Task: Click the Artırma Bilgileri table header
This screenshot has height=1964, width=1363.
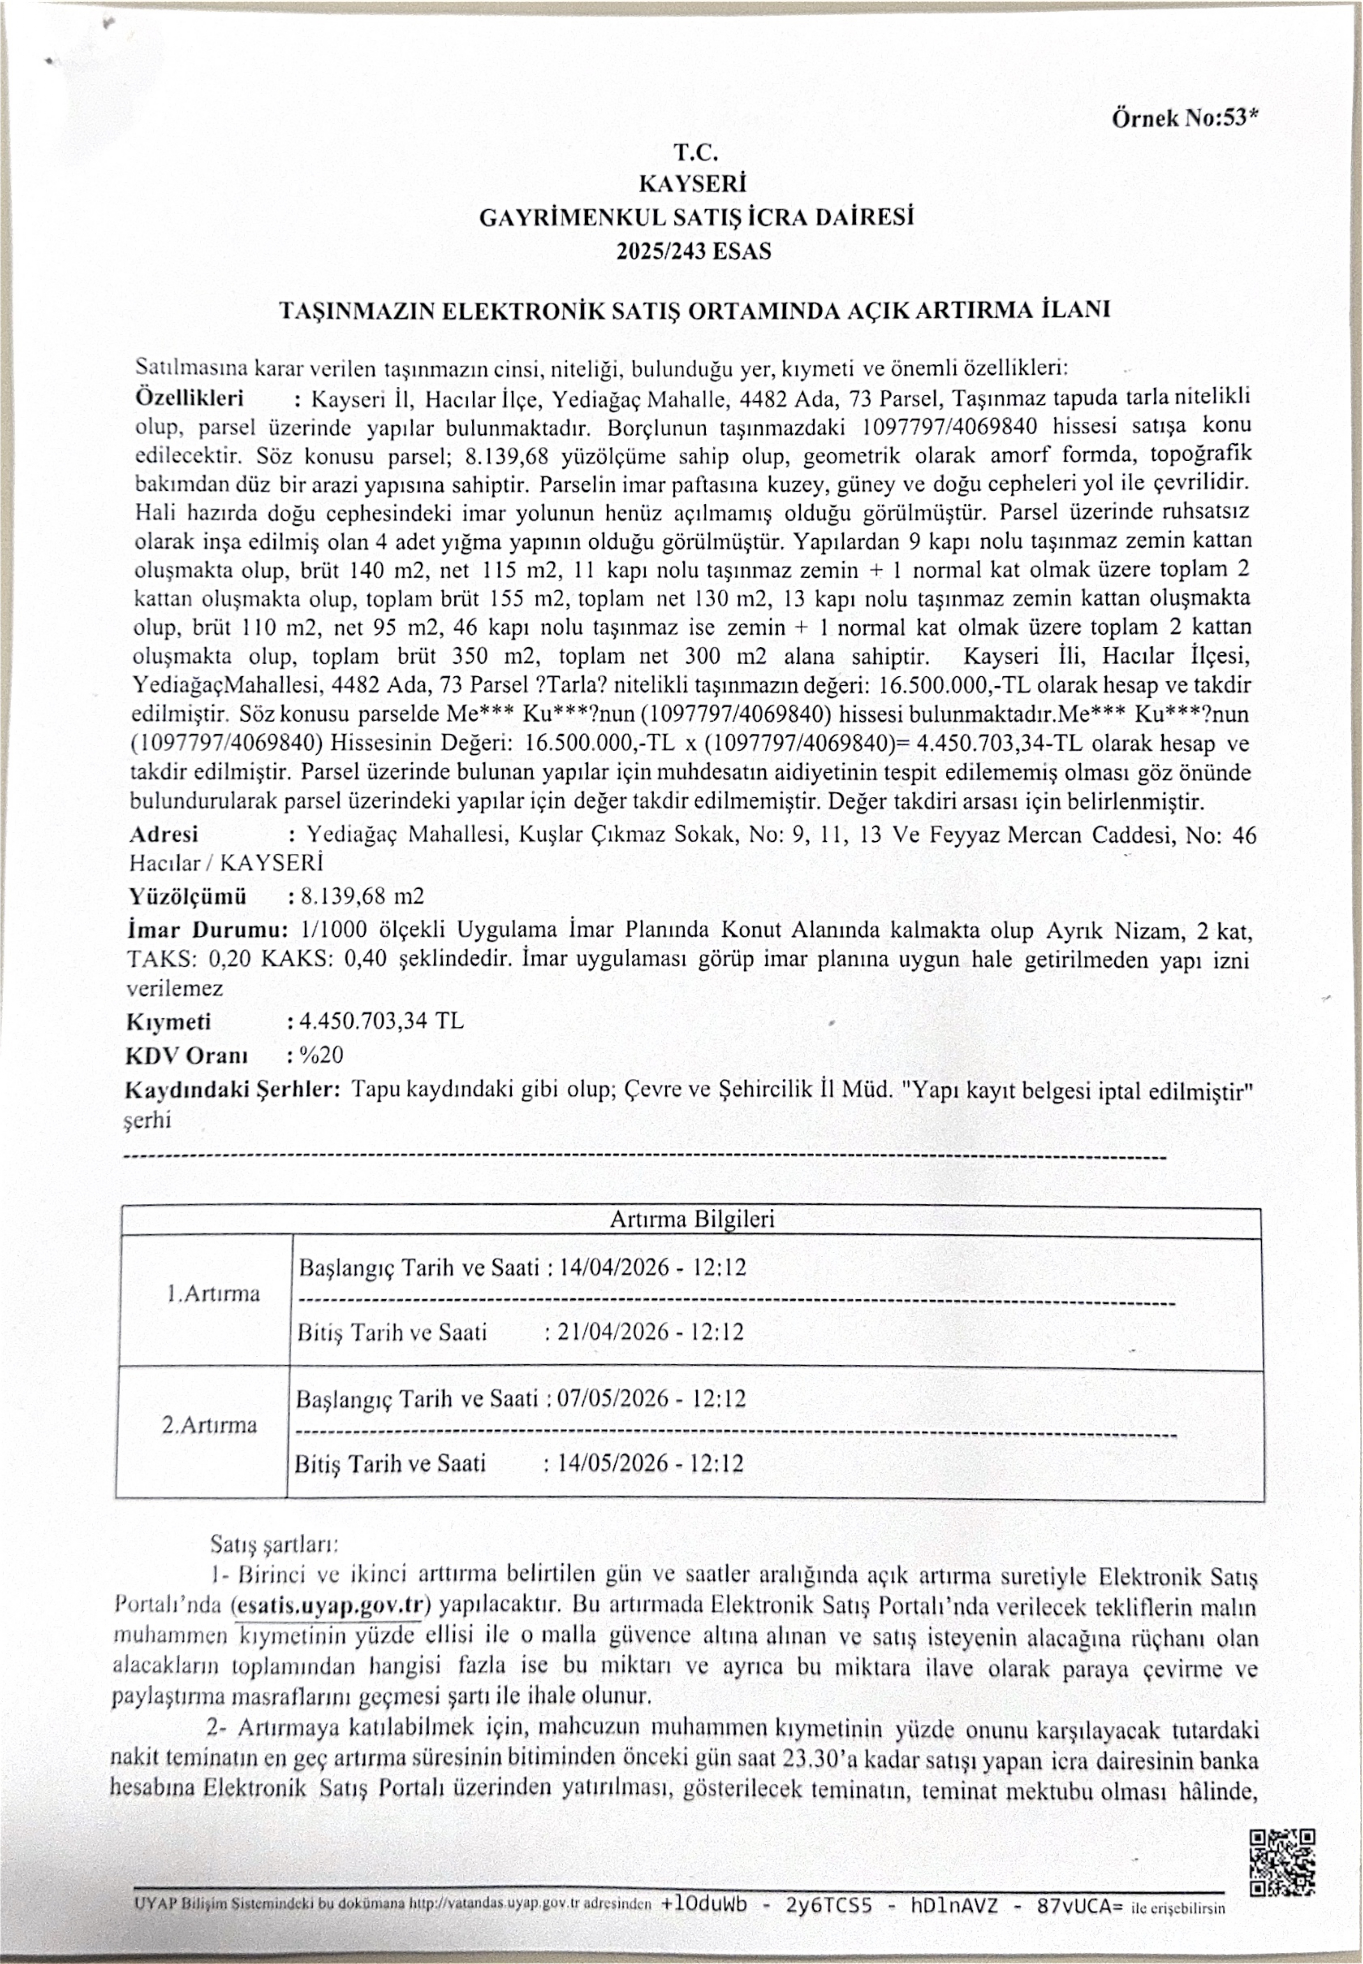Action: click(692, 1219)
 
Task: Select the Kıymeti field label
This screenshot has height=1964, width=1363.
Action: click(169, 1022)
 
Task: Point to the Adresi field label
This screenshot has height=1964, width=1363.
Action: click(164, 834)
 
